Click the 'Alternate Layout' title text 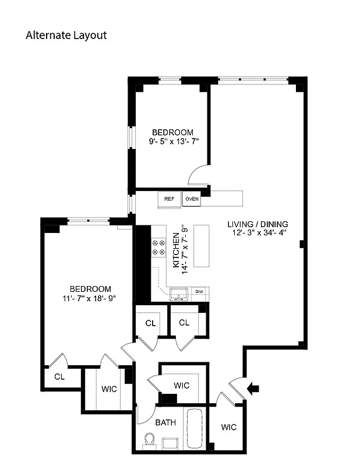66,35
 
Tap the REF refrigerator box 169,199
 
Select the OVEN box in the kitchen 192,199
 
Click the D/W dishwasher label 199,291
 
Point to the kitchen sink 179,294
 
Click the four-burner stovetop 158,248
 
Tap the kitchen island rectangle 202,245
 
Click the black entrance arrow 253,389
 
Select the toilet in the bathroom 149,441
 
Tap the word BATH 165,423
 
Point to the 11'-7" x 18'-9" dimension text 90,298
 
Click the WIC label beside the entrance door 229,427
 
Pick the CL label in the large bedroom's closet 59,376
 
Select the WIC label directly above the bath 181,385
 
